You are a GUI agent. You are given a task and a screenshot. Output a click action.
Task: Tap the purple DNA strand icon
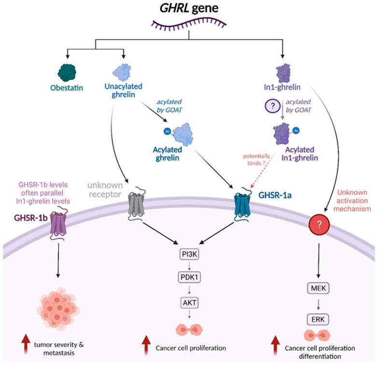189,23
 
